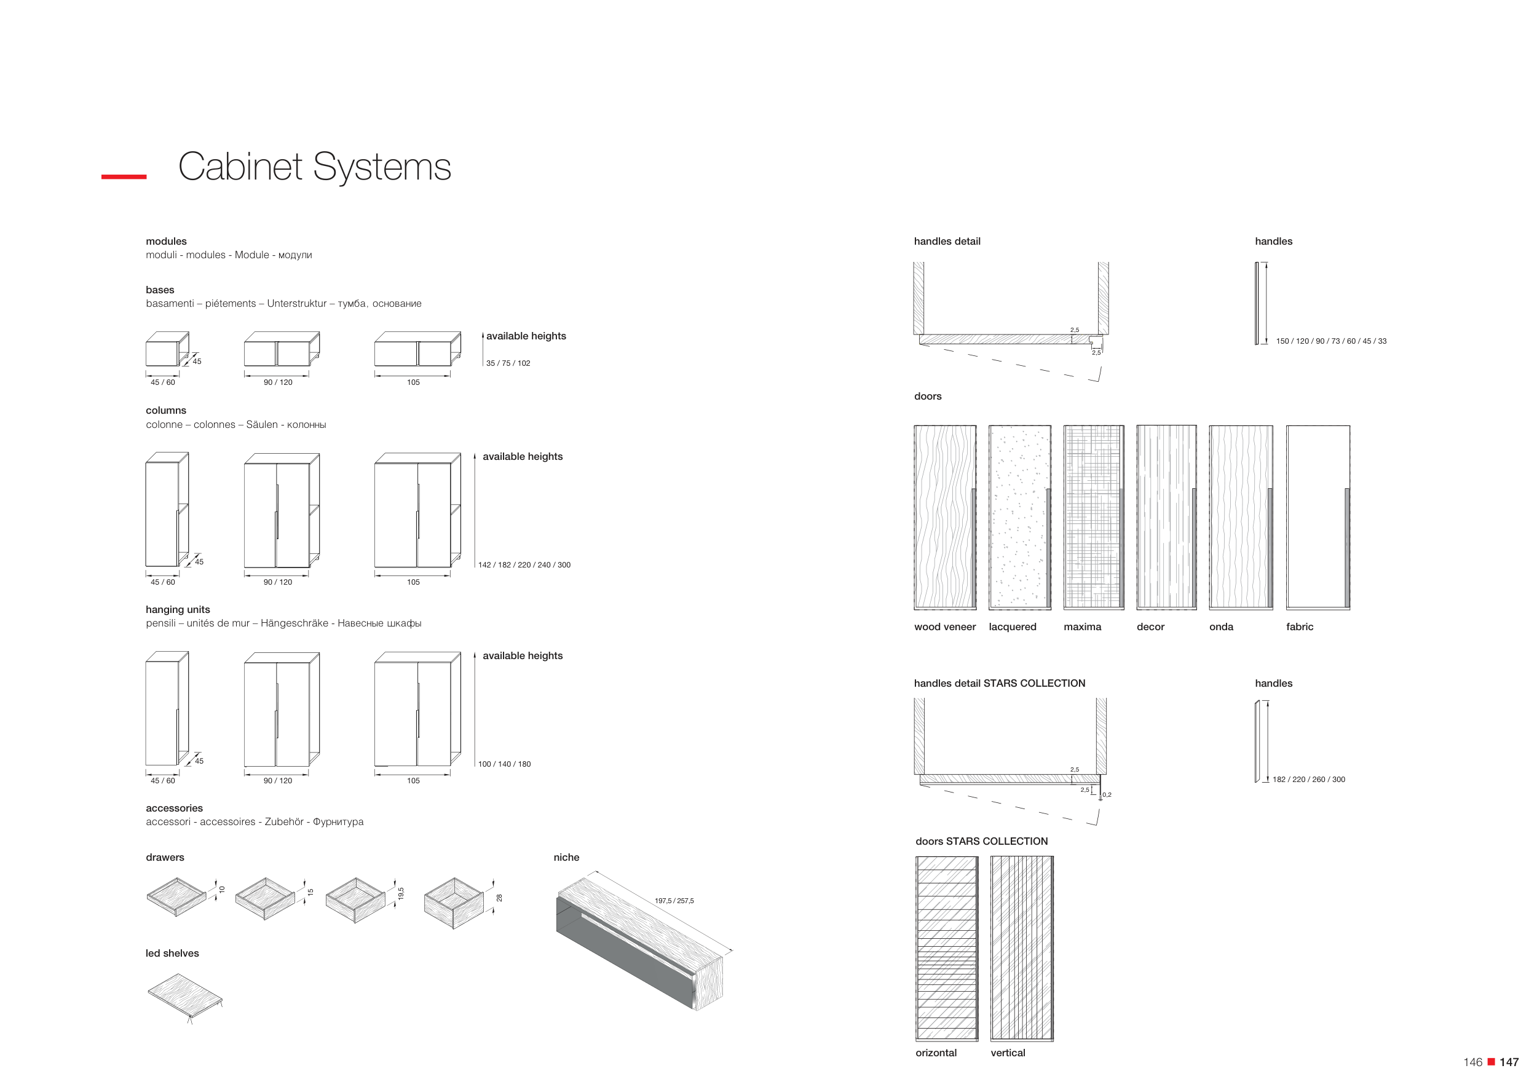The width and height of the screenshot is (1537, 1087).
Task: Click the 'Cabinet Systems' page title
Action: pos(314,167)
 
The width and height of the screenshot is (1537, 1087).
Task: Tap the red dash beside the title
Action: pos(124,176)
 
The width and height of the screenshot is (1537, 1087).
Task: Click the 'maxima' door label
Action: pos(1082,627)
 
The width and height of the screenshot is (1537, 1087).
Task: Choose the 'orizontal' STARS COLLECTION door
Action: pos(947,948)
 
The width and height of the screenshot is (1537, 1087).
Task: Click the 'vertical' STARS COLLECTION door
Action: pos(1022,948)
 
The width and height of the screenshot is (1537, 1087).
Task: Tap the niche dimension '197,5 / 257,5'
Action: pos(674,901)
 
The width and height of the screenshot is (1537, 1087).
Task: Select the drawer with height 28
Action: pos(454,903)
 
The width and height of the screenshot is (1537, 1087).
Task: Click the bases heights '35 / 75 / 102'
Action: pos(508,363)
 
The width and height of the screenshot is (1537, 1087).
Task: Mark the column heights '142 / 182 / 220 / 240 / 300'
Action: pos(524,565)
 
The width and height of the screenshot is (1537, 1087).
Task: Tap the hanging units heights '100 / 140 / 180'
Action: pos(504,764)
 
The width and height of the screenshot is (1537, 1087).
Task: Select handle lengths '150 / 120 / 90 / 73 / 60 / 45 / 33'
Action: pos(1331,341)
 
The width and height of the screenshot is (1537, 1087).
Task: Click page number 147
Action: pos(1509,1062)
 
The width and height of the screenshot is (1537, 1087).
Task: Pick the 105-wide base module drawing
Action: pos(416,350)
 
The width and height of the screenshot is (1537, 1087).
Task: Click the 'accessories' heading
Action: pos(174,808)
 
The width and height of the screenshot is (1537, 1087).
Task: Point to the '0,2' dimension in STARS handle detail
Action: pos(1107,795)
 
